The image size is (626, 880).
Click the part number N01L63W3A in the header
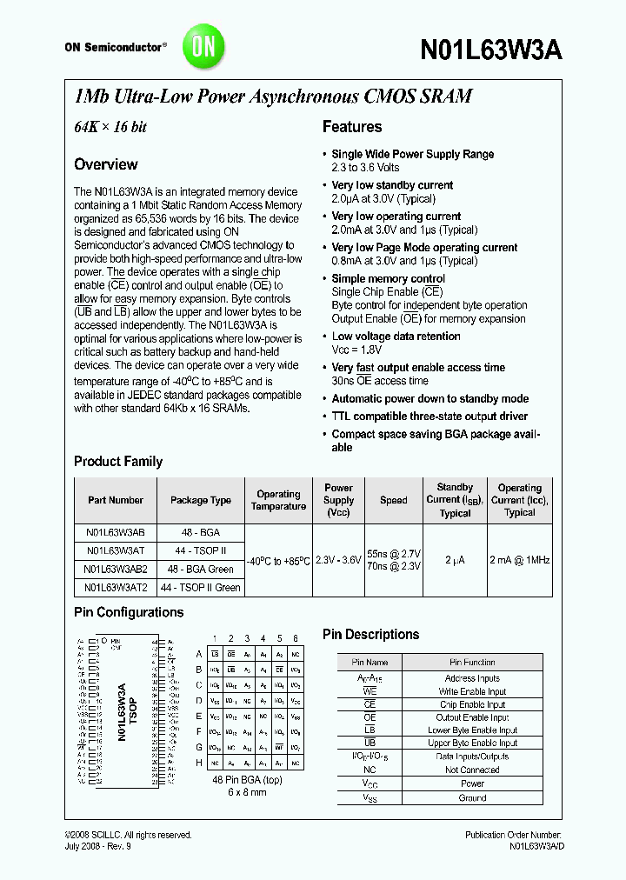point(492,50)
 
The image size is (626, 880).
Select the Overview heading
point(106,164)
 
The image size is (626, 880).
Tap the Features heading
point(352,127)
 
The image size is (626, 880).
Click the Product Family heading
point(118,462)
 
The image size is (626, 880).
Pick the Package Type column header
point(201,500)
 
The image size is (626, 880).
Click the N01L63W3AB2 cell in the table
point(116,570)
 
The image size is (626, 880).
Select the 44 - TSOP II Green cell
point(201,587)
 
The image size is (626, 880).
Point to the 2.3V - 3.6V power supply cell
point(338,560)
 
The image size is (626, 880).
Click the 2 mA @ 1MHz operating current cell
point(519,560)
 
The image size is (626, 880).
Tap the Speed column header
point(394,500)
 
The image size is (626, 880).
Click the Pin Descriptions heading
point(371,635)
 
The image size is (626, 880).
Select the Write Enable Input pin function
point(473,691)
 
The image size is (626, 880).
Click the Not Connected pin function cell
point(473,770)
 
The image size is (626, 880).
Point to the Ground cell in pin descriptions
point(473,797)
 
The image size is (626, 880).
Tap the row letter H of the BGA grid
point(199,763)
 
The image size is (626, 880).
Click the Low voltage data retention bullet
point(396,337)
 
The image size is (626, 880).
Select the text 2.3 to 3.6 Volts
point(366,167)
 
